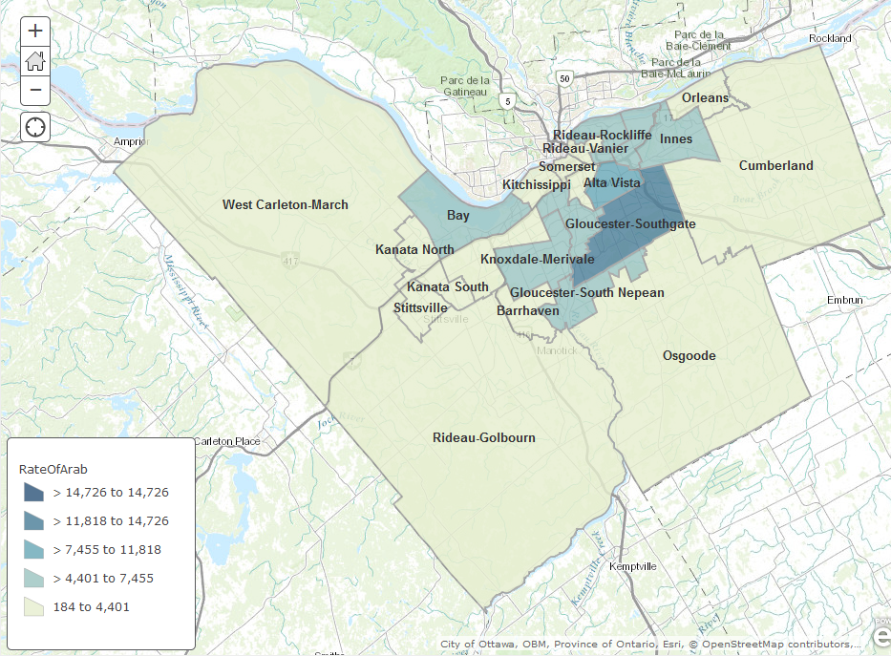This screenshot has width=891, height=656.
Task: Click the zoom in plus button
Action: click(x=35, y=31)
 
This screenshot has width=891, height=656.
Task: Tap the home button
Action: click(x=35, y=61)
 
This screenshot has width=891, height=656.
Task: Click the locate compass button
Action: click(x=35, y=127)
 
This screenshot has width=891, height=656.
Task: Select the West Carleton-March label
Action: click(x=285, y=204)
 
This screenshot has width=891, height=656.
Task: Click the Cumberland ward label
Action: click(x=775, y=165)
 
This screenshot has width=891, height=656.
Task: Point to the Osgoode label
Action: click(x=689, y=356)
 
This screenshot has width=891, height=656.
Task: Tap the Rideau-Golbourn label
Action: click(x=483, y=437)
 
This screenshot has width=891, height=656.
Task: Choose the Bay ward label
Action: click(x=458, y=216)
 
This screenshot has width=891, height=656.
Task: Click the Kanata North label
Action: click(x=414, y=250)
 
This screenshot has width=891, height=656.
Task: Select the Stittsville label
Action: click(x=420, y=307)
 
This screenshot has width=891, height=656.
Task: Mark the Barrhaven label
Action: click(x=528, y=310)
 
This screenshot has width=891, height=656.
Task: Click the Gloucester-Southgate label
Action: click(x=630, y=223)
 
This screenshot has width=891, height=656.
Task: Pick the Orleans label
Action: click(x=705, y=97)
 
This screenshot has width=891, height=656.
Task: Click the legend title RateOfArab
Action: click(x=53, y=469)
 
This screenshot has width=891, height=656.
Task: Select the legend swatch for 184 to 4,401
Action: click(x=34, y=606)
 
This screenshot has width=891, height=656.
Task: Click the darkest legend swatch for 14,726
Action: click(x=34, y=493)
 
